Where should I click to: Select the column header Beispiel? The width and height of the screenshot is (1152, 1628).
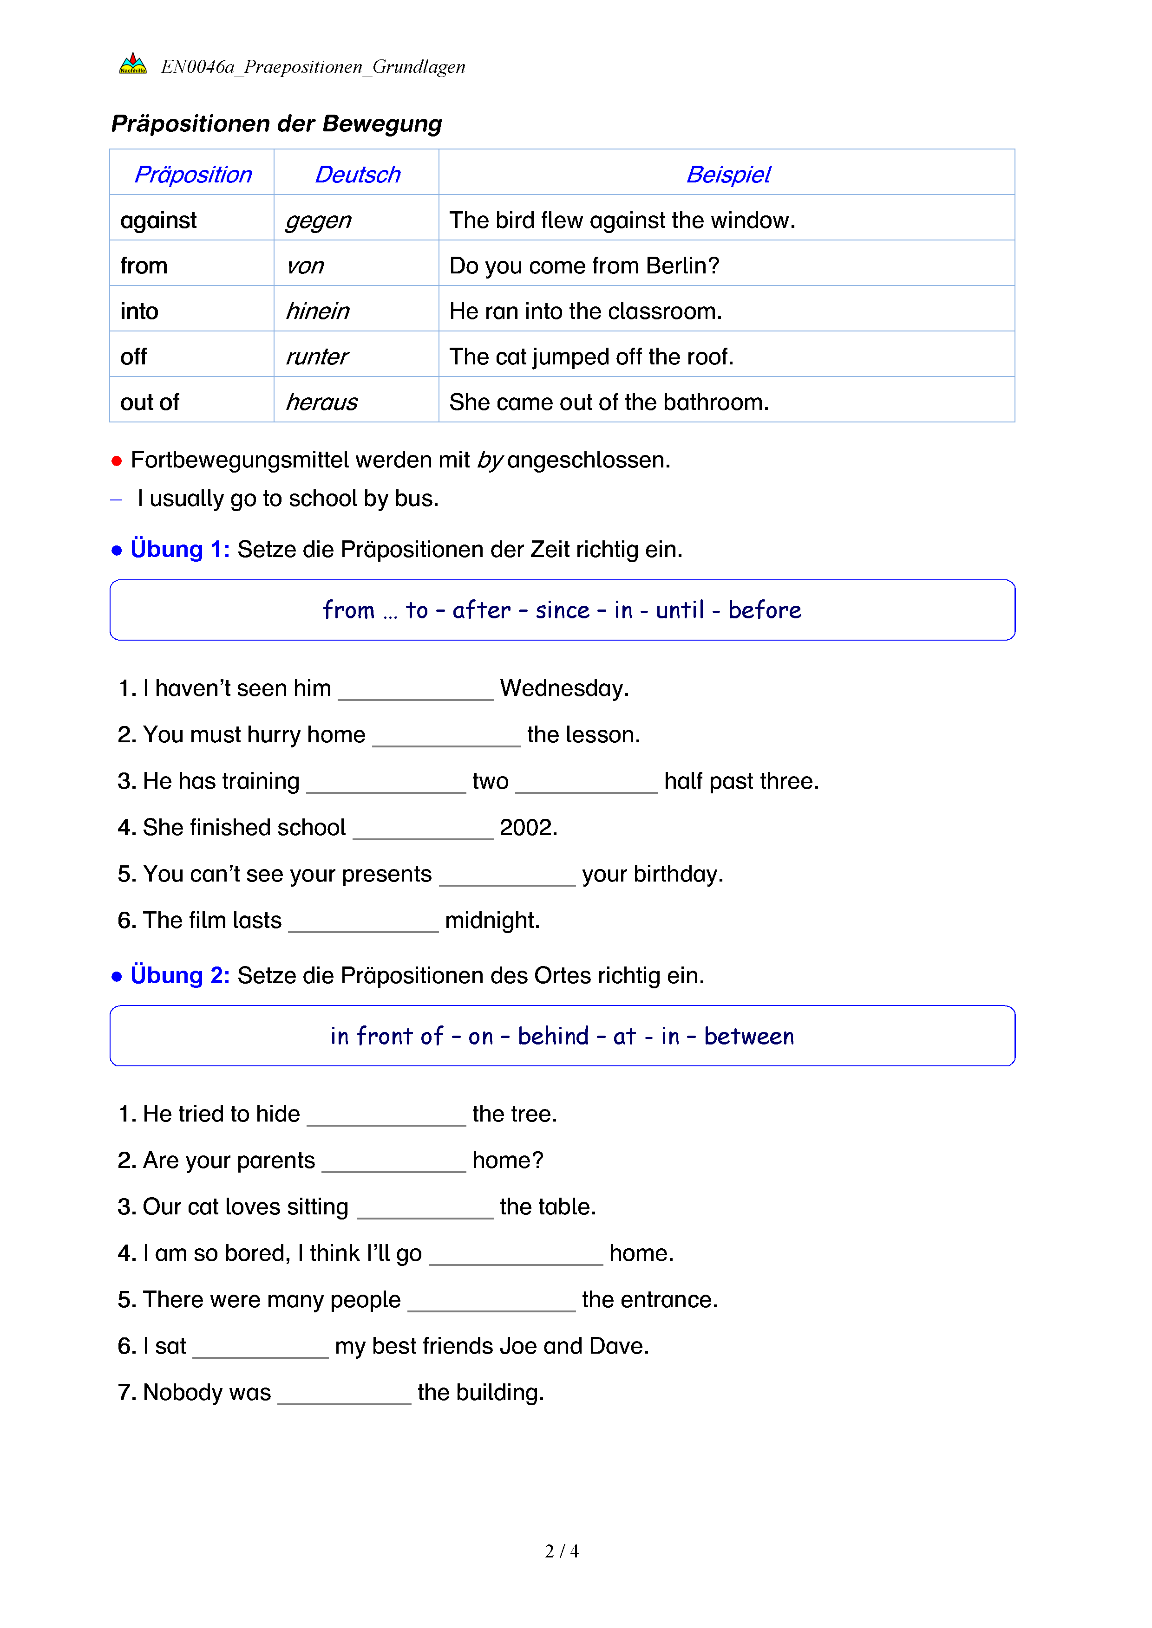tap(728, 175)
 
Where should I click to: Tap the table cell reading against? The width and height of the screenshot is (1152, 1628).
tap(158, 221)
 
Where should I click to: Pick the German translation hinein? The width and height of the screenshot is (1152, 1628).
tap(317, 311)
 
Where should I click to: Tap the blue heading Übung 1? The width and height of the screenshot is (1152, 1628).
tap(180, 550)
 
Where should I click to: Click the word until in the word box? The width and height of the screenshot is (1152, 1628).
tap(680, 610)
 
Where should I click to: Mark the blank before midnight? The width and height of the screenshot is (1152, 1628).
tap(363, 924)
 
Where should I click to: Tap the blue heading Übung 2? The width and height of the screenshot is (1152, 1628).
tap(180, 976)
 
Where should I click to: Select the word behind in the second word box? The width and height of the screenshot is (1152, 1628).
tap(553, 1037)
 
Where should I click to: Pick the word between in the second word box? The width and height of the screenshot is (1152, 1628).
tap(749, 1037)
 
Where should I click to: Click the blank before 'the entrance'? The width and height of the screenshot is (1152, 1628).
tap(491, 1303)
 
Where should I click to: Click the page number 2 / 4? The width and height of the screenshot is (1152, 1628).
tap(562, 1551)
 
